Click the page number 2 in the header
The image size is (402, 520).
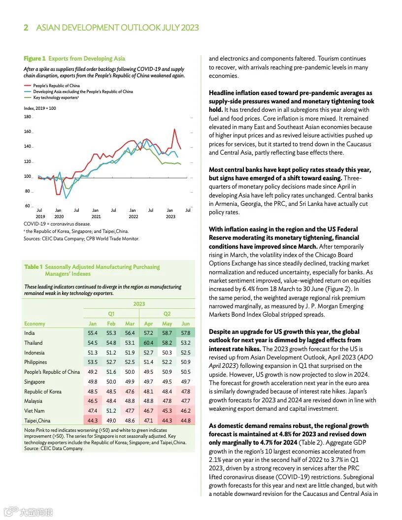tap(26, 28)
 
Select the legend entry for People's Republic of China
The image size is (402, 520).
tap(57, 86)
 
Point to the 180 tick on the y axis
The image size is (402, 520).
tap(27, 117)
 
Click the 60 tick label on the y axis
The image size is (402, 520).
tap(28, 206)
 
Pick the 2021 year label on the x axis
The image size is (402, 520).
tap(96, 216)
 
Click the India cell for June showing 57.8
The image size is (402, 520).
tap(186, 333)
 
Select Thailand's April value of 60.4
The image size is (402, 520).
tap(148, 343)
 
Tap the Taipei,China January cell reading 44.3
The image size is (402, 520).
tap(92, 421)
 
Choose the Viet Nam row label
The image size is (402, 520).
tap(34, 411)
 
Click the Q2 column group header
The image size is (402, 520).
tap(167, 314)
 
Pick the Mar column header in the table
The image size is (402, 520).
tap(130, 324)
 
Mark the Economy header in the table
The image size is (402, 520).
tap(34, 324)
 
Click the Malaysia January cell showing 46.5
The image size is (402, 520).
tap(92, 401)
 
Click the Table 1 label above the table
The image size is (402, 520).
tap(33, 267)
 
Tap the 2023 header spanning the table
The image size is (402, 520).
tap(139, 304)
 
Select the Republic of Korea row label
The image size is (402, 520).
tap(43, 391)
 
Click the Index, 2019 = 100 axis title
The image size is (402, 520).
tap(40, 108)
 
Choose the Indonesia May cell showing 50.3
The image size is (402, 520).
tap(167, 353)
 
